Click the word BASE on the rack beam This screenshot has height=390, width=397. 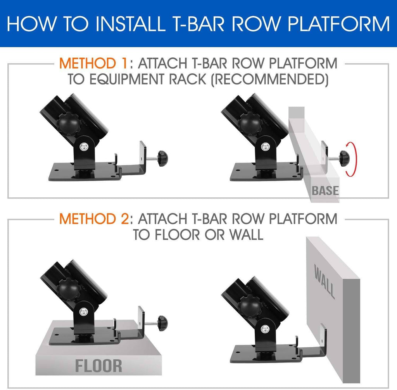tap(325, 191)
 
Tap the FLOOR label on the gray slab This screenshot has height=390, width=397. tap(98, 365)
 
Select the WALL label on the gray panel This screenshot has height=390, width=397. tap(325, 281)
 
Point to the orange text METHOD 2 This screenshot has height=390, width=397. tap(93, 219)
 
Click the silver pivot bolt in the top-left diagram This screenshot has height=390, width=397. tap(84, 147)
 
